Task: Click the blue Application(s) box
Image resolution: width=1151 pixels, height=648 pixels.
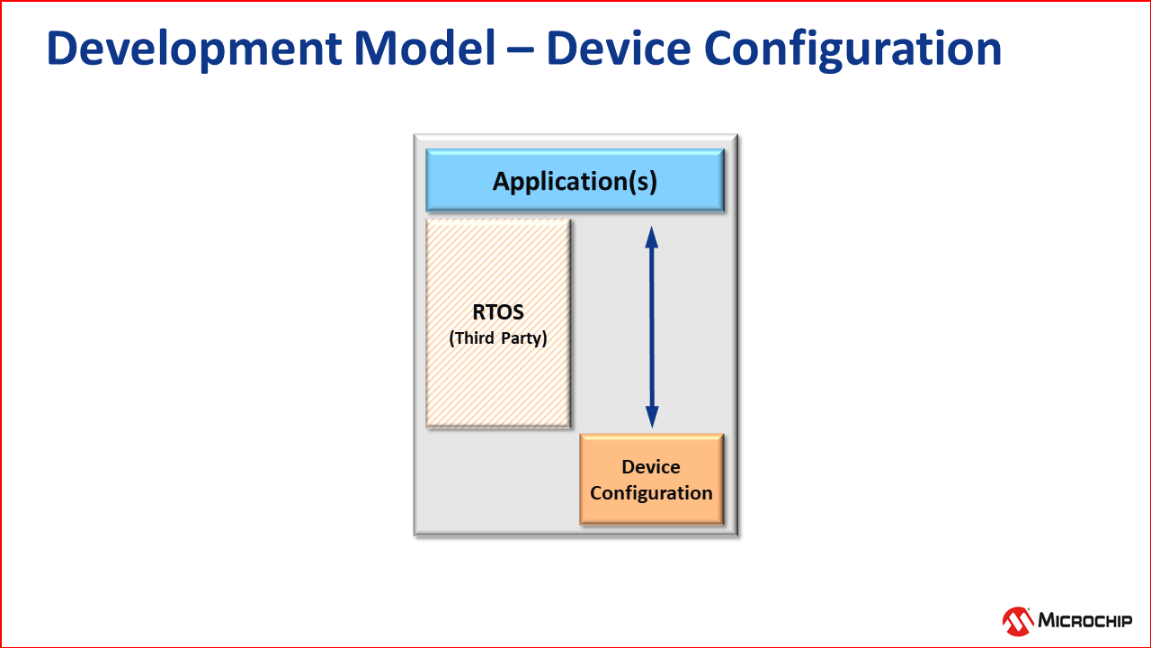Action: click(575, 181)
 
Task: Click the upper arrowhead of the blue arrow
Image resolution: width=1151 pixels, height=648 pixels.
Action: click(652, 237)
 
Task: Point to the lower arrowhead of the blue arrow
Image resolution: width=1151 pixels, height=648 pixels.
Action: click(652, 417)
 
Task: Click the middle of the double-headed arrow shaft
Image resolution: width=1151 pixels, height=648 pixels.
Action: click(652, 327)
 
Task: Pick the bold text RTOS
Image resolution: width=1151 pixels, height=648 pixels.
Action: click(498, 313)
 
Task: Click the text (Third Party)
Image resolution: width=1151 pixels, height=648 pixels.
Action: click(498, 339)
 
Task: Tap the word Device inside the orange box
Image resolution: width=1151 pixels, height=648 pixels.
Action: click(651, 467)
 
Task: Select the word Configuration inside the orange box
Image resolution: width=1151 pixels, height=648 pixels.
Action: click(651, 493)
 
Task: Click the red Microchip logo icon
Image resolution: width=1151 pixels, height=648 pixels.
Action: click(1018, 620)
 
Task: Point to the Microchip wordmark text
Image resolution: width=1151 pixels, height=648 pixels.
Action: click(1085, 620)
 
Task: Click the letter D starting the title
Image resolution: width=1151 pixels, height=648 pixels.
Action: click(62, 49)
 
